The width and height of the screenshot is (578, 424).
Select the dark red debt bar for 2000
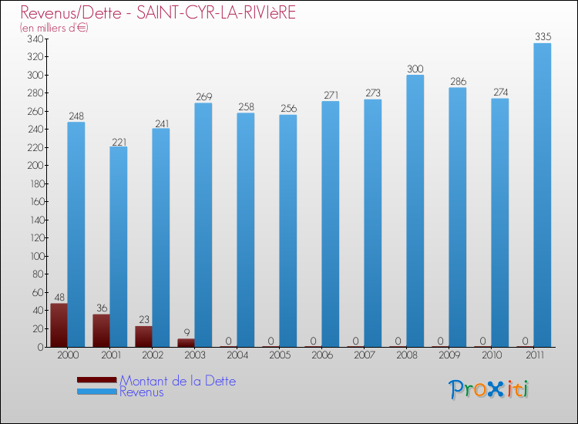click(59, 325)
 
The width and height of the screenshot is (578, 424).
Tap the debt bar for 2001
click(101, 331)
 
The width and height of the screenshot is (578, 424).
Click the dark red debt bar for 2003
click(186, 342)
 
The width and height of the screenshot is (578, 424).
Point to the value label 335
click(543, 36)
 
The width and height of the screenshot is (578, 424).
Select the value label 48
click(59, 297)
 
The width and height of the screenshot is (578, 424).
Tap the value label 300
click(415, 69)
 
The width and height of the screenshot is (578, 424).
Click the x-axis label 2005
click(279, 357)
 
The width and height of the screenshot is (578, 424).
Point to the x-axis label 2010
click(491, 357)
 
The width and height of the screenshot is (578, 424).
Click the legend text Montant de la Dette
click(178, 381)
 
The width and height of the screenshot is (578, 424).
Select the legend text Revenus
click(142, 392)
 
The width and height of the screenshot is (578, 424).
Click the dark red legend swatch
click(97, 380)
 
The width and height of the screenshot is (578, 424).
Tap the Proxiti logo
click(489, 389)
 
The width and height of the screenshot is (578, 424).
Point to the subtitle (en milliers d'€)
click(55, 28)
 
